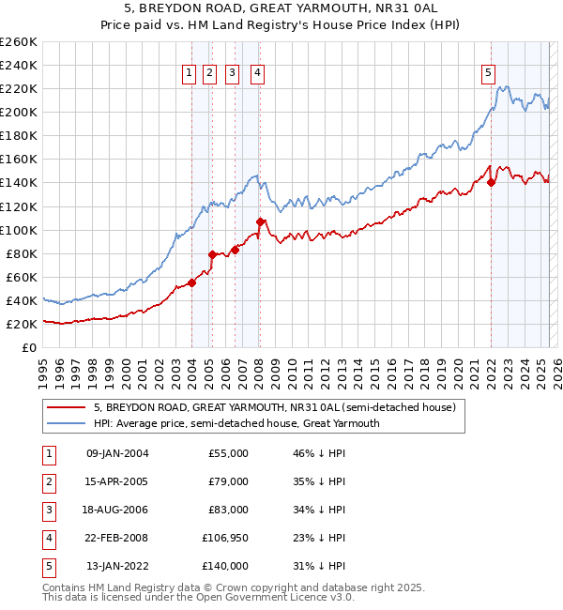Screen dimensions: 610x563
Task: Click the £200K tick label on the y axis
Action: point(18,112)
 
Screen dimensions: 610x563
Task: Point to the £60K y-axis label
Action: point(21,277)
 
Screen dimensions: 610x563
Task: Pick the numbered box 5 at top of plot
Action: point(489,72)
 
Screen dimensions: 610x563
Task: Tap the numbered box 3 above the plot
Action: point(232,72)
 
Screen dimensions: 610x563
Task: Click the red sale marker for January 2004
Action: point(191,282)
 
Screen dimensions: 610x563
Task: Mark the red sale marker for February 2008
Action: point(260,221)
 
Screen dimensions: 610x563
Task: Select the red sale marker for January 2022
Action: point(491,182)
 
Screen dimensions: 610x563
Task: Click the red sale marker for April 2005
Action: point(212,254)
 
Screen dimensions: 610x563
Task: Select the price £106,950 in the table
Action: point(225,538)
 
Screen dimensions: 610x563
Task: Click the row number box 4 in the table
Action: point(48,538)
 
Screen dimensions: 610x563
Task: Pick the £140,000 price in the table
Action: point(225,566)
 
